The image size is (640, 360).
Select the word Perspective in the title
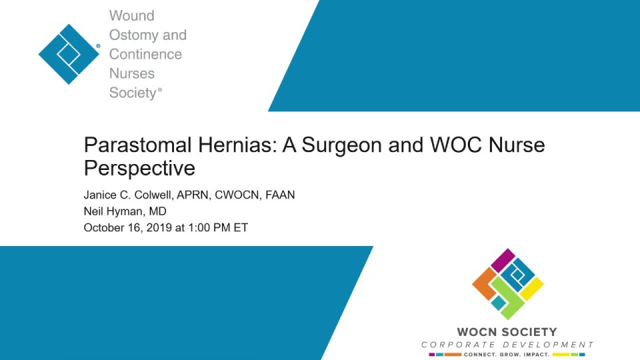tap(139, 167)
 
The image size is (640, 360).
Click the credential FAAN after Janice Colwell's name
tap(280, 195)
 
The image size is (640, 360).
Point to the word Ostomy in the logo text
tap(133, 35)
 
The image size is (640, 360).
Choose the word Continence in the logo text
tap(145, 54)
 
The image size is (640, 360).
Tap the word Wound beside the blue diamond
tap(131, 15)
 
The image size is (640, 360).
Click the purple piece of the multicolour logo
tap(502, 260)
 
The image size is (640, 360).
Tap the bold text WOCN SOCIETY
tap(507, 332)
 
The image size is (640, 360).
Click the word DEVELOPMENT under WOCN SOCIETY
tap(549, 345)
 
